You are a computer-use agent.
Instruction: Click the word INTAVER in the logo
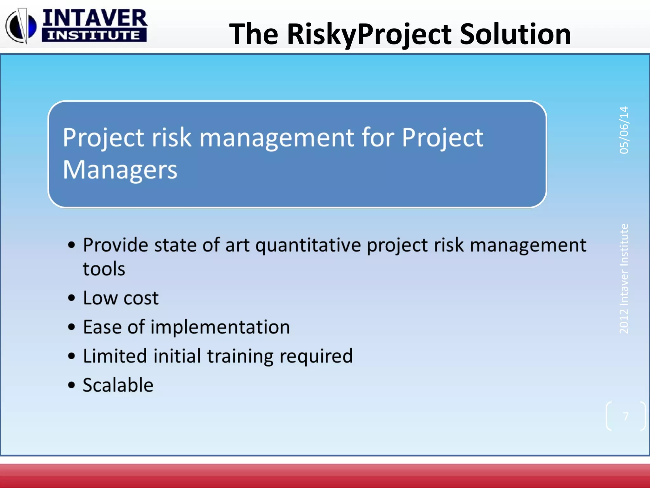95,18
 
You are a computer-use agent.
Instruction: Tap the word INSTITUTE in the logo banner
94,35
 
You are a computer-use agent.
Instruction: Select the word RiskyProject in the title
370,34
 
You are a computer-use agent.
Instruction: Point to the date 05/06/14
624,130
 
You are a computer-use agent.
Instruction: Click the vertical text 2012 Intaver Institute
624,279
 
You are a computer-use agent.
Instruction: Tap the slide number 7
626,416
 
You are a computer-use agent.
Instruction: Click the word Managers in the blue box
120,170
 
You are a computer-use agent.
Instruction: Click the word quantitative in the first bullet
308,245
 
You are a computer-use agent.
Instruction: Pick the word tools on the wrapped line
104,269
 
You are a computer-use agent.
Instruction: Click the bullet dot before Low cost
72,298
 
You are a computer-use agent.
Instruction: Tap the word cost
141,298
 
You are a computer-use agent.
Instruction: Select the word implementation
220,327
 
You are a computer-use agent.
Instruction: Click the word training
240,356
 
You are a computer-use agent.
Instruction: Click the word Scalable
118,385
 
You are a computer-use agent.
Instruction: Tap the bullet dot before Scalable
72,385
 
